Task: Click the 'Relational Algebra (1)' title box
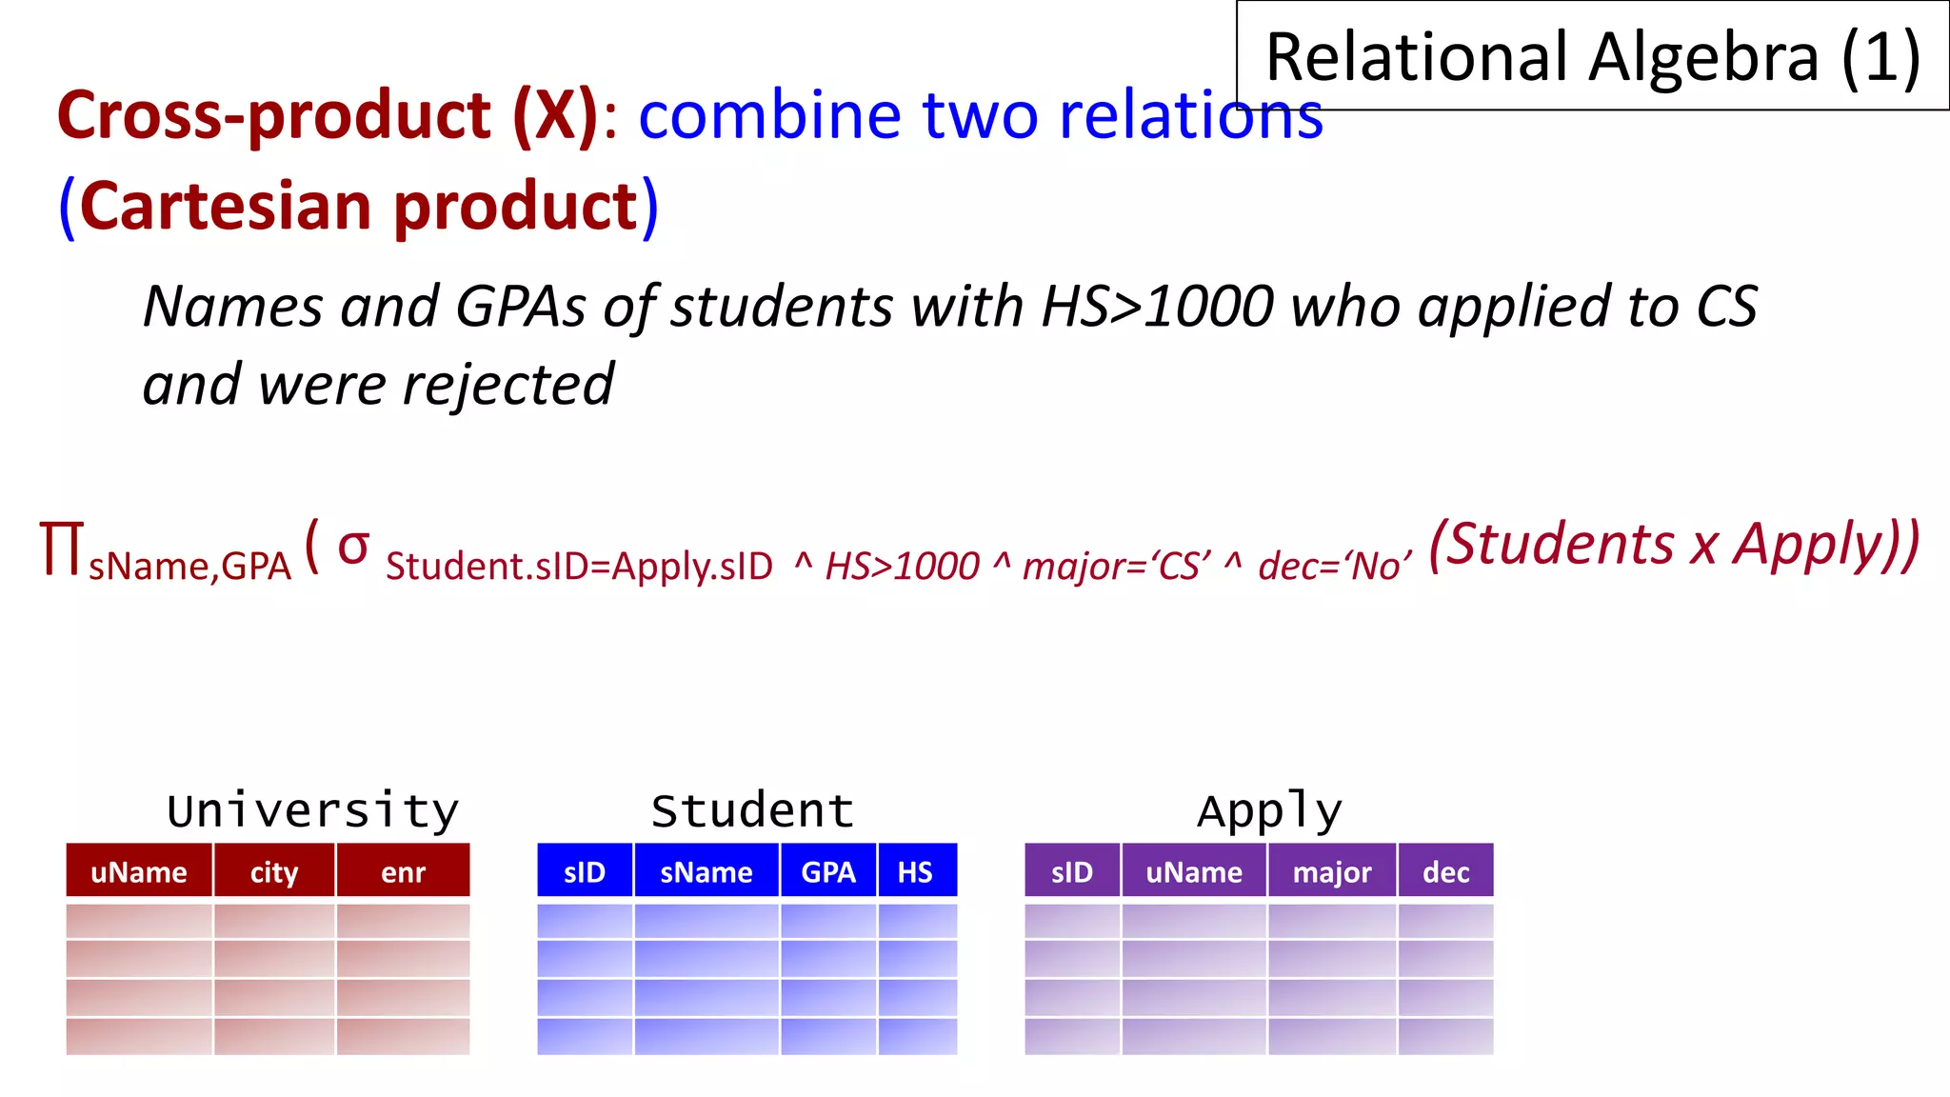tap(1592, 57)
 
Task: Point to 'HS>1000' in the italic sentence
tap(1158, 307)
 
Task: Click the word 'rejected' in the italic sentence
tap(507, 385)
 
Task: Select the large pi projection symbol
tap(61, 549)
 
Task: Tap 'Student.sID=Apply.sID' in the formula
tap(579, 567)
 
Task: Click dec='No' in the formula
tap(1334, 567)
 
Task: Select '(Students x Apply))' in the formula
tap(1674, 545)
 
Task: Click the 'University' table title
tap(312, 810)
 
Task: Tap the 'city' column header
tap(274, 871)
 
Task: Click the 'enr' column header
tap(403, 871)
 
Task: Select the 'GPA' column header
tap(828, 871)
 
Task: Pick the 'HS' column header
tap(915, 871)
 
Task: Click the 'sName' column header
tap(706, 871)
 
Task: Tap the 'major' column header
tap(1331, 871)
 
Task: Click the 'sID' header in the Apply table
tap(1072, 871)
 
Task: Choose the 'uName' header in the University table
tap(139, 871)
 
